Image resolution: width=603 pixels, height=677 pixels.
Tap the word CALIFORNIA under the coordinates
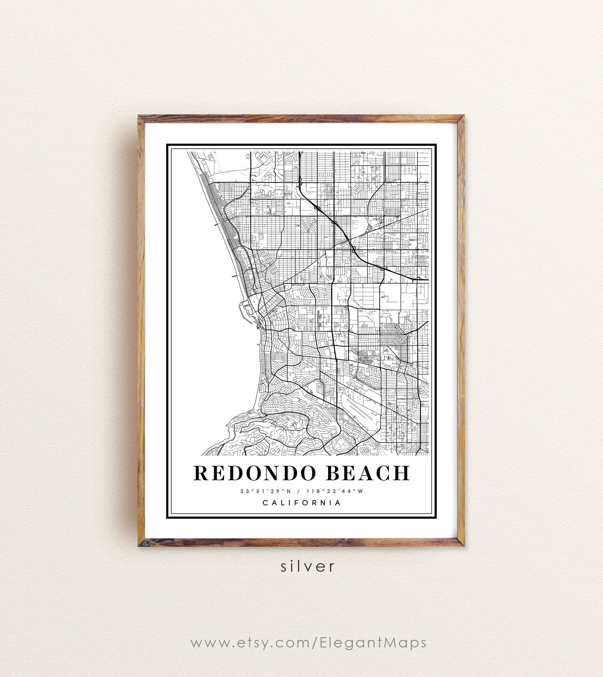pos(302,503)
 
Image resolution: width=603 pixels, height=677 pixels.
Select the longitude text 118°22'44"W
pos(335,491)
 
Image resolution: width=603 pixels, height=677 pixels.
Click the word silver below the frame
pos(308,567)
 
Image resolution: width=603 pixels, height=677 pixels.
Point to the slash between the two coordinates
pos(298,491)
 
